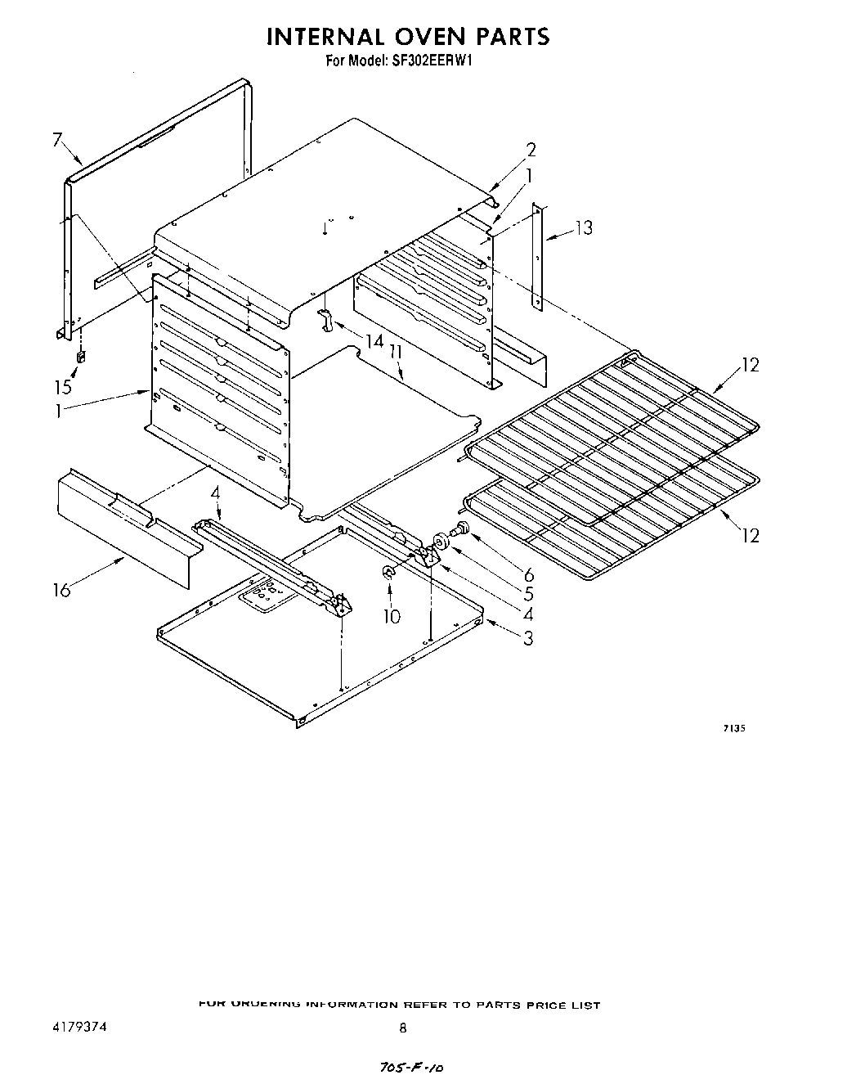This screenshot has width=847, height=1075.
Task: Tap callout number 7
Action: (x=57, y=140)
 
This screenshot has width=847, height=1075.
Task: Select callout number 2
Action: (x=531, y=150)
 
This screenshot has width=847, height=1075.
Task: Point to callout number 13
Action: (x=584, y=228)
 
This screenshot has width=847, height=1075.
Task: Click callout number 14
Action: (x=374, y=340)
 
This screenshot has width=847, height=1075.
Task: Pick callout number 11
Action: (x=397, y=353)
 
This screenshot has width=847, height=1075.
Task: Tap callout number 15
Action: (x=63, y=388)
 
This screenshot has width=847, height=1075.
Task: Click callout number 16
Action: (x=63, y=589)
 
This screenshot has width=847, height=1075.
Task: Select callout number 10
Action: (x=392, y=615)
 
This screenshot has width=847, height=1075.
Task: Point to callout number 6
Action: (x=528, y=575)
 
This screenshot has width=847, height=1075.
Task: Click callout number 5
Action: (x=528, y=595)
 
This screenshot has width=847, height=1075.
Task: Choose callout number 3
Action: (x=528, y=638)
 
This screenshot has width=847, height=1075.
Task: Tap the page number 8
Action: (x=402, y=1029)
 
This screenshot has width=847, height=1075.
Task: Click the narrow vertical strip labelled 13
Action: (x=537, y=256)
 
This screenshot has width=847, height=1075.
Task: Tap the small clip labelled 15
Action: (x=81, y=357)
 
